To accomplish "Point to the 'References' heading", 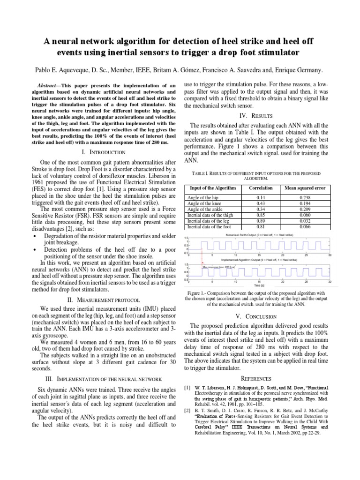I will point(256,378).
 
